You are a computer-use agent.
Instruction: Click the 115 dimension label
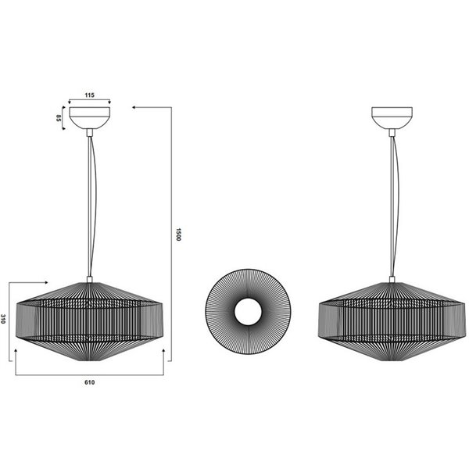coord(89,95)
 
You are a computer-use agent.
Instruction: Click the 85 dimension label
coord(59,119)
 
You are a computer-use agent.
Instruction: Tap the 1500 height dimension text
coord(178,234)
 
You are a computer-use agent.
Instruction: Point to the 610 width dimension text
coord(89,382)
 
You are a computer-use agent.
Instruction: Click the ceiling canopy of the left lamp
coord(89,117)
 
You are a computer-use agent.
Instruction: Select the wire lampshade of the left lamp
coord(89,320)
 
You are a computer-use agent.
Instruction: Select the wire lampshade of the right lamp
coord(390,320)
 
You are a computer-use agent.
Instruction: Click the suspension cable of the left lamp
coord(91,203)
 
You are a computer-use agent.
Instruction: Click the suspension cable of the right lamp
coord(392,203)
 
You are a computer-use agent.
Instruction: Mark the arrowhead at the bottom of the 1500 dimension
coord(162,356)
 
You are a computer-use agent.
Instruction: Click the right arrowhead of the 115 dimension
coord(109,102)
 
